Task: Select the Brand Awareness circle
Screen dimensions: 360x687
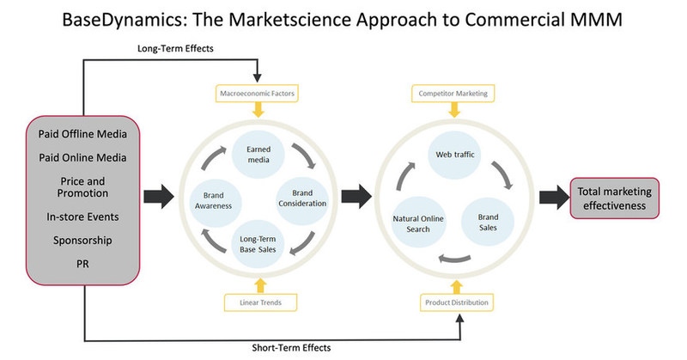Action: (212, 198)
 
